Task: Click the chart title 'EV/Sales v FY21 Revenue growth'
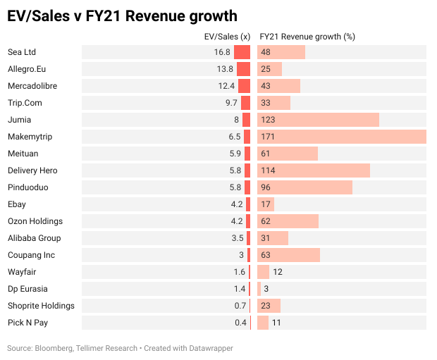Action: coord(121,15)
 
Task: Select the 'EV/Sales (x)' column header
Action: coord(226,37)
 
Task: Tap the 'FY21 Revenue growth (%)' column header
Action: coord(307,37)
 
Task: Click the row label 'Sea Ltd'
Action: coord(22,52)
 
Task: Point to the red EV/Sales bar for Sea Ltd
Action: coord(242,52)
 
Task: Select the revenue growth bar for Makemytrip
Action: coord(342,137)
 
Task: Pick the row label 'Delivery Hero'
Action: coord(32,170)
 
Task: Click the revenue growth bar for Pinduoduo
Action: coord(304,187)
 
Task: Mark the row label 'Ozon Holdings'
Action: coord(35,221)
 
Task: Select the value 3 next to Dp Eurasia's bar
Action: coord(266,289)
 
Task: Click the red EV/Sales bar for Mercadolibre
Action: coord(244,86)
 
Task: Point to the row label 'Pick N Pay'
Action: coord(27,323)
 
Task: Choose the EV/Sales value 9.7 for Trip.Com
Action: coord(232,103)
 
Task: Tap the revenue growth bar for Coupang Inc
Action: coord(288,255)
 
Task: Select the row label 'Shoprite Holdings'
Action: coord(41,306)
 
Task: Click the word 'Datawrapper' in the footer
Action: coord(211,348)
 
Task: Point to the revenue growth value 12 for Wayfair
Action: coord(278,272)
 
